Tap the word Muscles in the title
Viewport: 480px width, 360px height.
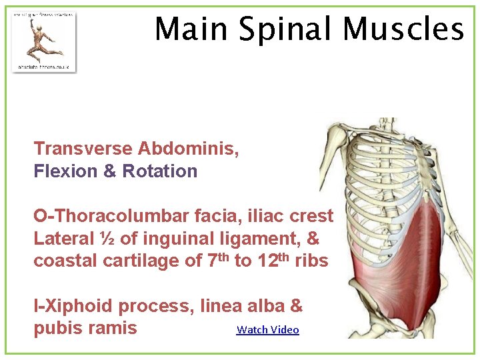click(x=403, y=29)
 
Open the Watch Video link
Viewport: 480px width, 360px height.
click(x=268, y=329)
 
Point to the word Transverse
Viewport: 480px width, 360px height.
click(x=83, y=148)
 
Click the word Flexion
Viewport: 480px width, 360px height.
click(x=66, y=171)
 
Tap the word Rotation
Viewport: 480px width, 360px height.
click(x=160, y=171)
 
